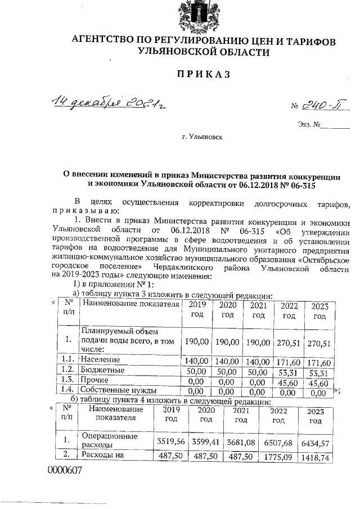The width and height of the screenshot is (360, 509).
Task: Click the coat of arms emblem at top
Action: click(x=195, y=15)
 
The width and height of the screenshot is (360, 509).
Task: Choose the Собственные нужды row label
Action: click(x=116, y=391)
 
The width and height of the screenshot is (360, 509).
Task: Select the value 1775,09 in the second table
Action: click(x=279, y=456)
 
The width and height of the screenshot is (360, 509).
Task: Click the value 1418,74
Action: click(x=316, y=456)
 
